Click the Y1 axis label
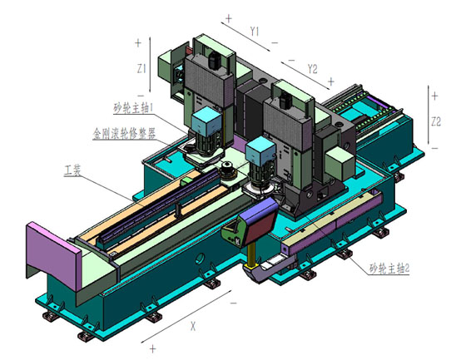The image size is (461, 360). click(255, 31)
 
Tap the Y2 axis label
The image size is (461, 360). click(313, 69)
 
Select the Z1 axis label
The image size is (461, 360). click(141, 69)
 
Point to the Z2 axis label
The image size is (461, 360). click(436, 121)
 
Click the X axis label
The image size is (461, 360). click(193, 326)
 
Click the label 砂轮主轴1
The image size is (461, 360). click(133, 108)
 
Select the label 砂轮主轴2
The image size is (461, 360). click(389, 268)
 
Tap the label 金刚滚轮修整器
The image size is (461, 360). click(124, 134)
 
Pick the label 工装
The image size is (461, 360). click(72, 170)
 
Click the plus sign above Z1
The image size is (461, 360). click(138, 43)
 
